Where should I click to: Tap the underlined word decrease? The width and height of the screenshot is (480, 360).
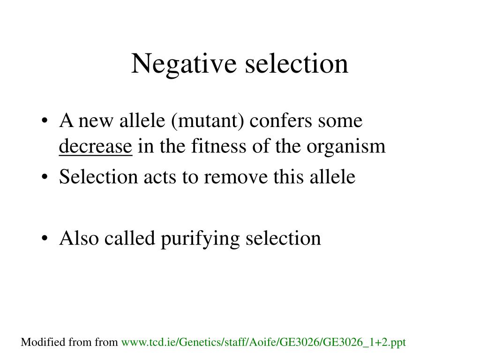tap(96, 147)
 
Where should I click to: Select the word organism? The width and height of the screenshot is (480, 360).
tap(346, 147)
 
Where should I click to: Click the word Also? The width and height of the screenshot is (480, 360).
tap(80, 238)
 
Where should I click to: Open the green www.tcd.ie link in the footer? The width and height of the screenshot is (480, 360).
tap(263, 343)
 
